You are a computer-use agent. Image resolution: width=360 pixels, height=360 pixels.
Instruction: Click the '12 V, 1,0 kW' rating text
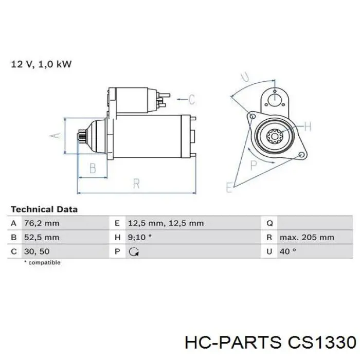(41, 64)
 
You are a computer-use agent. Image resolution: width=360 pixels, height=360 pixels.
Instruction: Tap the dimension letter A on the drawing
(57, 135)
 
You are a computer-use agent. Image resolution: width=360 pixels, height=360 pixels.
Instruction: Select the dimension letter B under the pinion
(93, 168)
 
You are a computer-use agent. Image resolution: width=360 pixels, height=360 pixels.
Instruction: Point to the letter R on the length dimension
(136, 184)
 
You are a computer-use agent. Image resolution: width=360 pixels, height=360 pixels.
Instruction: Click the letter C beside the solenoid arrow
(191, 99)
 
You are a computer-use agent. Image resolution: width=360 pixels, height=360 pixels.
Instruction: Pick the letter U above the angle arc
(245, 78)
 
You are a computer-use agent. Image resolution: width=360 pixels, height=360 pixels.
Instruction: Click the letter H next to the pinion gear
(308, 126)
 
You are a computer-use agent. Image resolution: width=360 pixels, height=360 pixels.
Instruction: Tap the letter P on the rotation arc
(254, 165)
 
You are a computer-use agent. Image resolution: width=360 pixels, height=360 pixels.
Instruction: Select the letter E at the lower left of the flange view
(229, 187)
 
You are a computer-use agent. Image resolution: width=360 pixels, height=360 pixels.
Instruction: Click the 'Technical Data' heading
(44, 209)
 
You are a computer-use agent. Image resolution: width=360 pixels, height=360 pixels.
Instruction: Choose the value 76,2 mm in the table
(42, 223)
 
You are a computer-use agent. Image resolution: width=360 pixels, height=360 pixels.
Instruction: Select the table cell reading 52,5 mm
(42, 238)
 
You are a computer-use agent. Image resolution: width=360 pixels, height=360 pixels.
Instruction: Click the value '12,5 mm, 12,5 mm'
(165, 223)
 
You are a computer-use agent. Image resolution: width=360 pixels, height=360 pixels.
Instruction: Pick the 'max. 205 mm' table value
(307, 238)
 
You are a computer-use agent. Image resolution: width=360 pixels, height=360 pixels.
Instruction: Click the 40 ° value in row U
(288, 251)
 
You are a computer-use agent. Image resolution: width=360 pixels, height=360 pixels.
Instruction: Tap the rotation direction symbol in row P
(135, 252)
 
